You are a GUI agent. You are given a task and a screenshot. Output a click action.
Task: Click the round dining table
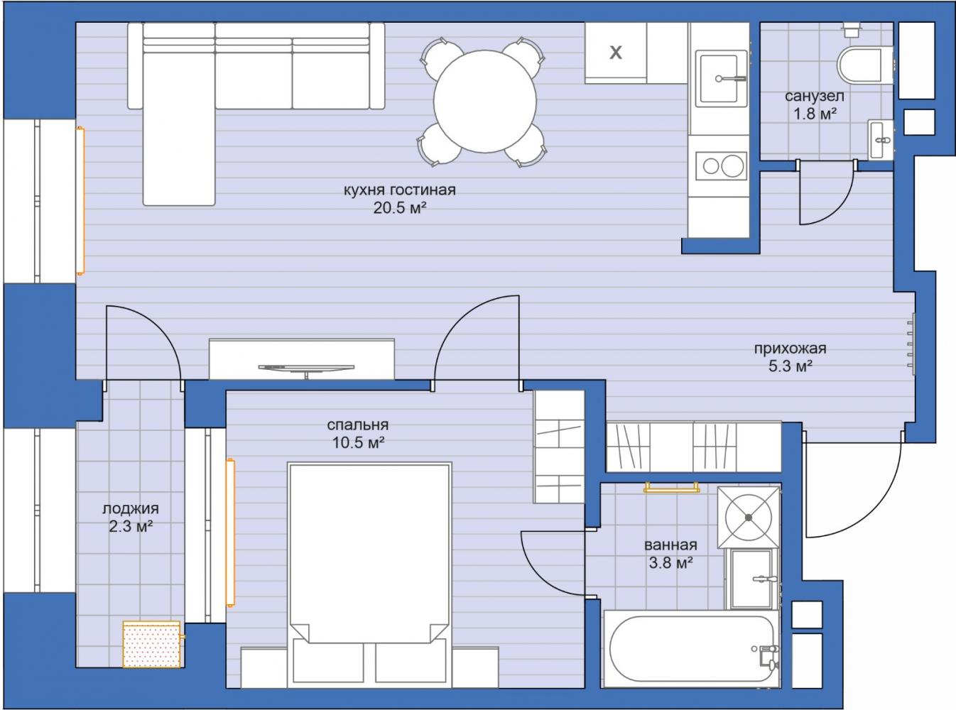point(485,102)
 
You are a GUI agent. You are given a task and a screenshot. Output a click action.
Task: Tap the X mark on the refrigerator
point(616,53)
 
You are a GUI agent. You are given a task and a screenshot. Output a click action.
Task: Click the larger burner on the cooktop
point(732,166)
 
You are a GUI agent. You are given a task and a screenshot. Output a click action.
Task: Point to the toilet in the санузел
point(864,64)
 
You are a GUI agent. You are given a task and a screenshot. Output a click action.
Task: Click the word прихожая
point(790,348)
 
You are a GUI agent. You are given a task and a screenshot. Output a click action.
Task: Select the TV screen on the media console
point(306,367)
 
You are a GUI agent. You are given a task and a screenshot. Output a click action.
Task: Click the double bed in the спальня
point(369,574)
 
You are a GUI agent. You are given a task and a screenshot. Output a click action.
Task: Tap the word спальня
point(358,425)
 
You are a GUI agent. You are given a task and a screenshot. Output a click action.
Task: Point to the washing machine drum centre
point(749,517)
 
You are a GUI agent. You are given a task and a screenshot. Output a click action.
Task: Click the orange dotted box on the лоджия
point(151,644)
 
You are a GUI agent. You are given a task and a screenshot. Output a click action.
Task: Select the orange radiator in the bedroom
point(231,532)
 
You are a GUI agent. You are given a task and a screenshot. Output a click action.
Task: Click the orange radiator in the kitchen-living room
point(80,200)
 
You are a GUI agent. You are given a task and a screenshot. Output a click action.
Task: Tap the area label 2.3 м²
point(131,527)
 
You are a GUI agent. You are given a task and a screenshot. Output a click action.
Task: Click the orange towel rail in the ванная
point(671,488)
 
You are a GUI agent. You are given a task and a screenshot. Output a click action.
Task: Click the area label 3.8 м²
point(670,562)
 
